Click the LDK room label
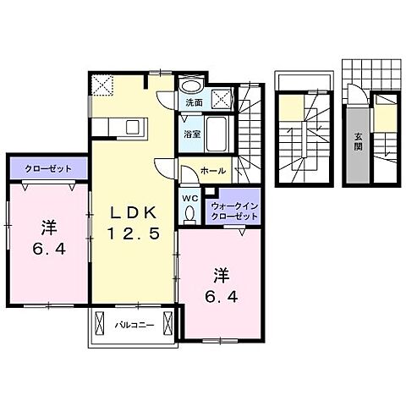coord(133,213)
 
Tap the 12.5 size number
coord(134,233)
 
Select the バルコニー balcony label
coord(134,325)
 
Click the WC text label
coord(190,199)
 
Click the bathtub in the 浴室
coord(217,134)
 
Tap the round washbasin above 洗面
coord(191,86)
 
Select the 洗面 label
coord(195,102)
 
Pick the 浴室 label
coord(192,134)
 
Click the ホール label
coord(213,171)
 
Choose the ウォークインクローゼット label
coord(234,211)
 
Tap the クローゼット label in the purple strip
coord(48,169)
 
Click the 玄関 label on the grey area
coord(358,141)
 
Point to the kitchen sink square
coord(134,127)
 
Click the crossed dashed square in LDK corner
coord(103,85)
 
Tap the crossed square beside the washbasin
coord(222,98)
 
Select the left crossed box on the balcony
coord(100,323)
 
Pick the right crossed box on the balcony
coord(167,323)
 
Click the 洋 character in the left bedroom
coord(49,228)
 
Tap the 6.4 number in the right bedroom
coord(222,296)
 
